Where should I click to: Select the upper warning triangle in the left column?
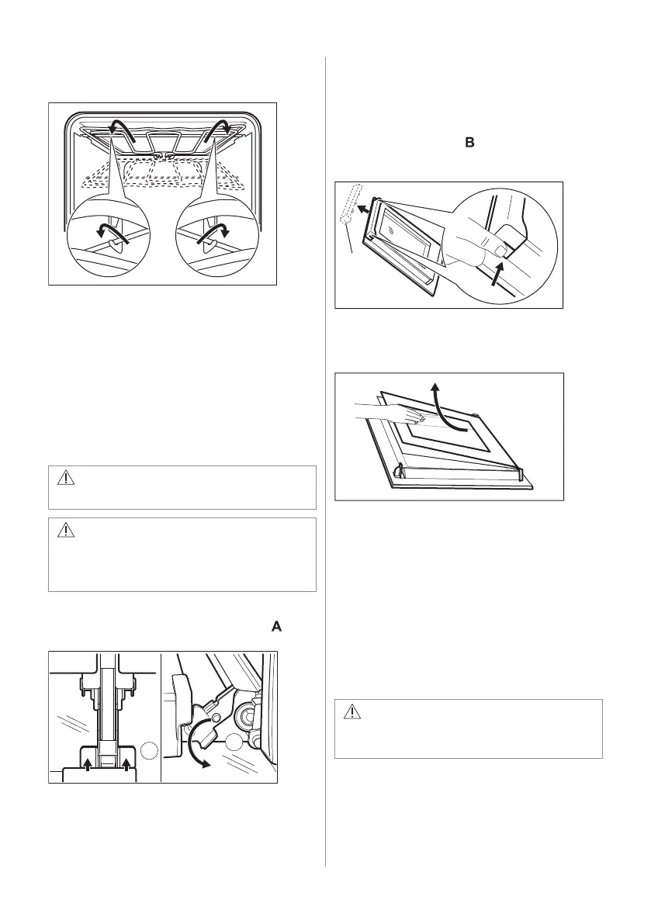(68, 478)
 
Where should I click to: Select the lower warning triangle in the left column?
(68, 531)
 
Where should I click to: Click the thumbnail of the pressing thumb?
(497, 251)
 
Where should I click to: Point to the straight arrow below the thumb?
(496, 277)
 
